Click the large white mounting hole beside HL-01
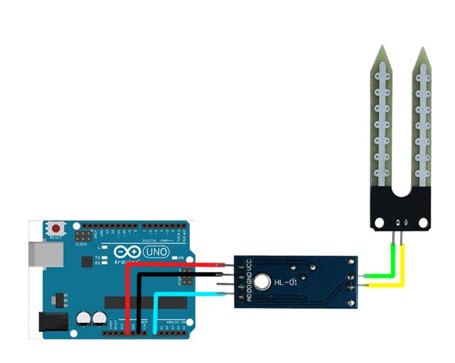click(264, 283)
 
